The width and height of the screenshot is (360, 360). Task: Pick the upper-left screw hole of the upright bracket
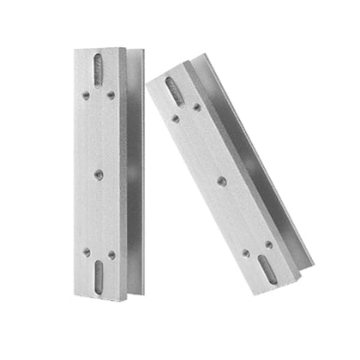[x=87, y=96]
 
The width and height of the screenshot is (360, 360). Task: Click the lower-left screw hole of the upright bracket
[x=87, y=251]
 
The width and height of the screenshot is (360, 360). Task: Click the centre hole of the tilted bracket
[x=220, y=180]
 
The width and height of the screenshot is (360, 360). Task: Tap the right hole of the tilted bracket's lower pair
[x=267, y=243]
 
